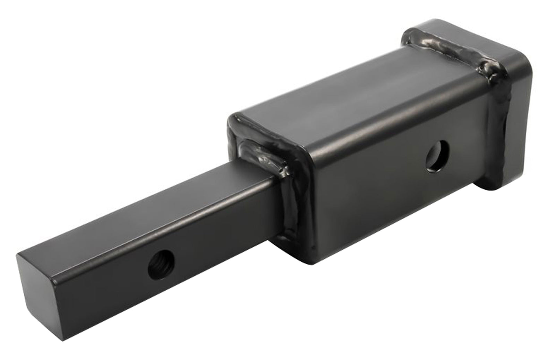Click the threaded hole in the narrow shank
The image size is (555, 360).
(x=160, y=267)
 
